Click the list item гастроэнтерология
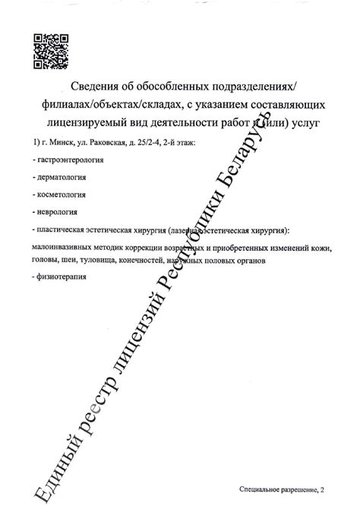71,161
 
